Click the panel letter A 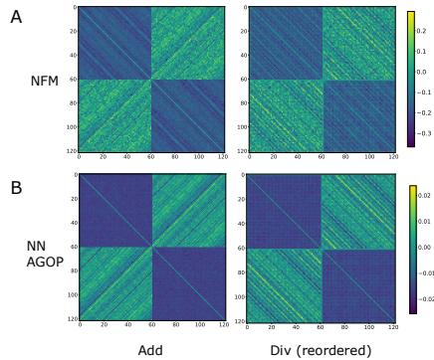pos(15,17)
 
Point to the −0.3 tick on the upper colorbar pos(423,131)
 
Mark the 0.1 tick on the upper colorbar pos(421,52)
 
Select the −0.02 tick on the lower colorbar pos(425,296)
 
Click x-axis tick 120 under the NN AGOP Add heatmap pos(224,325)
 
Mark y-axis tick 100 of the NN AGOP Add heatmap pos(71,295)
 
